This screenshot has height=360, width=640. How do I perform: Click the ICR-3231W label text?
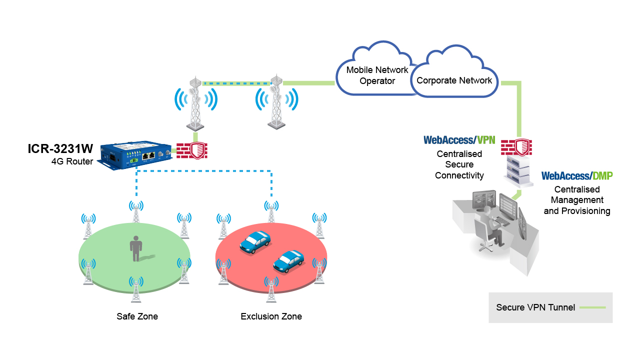coord(60,149)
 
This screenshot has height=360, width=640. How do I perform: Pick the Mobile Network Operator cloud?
coord(377,75)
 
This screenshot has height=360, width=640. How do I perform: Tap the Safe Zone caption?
coord(137,316)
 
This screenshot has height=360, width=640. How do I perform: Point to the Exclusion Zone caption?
coord(271,316)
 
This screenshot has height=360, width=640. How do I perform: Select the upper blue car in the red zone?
coord(255,241)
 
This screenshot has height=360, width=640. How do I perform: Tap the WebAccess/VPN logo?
coord(459,140)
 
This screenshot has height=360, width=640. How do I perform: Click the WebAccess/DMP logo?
coord(577,176)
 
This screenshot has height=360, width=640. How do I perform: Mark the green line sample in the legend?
coord(592,307)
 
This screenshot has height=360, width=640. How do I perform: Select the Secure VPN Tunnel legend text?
coord(535,307)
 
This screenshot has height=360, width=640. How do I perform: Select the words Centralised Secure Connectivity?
coord(459,164)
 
